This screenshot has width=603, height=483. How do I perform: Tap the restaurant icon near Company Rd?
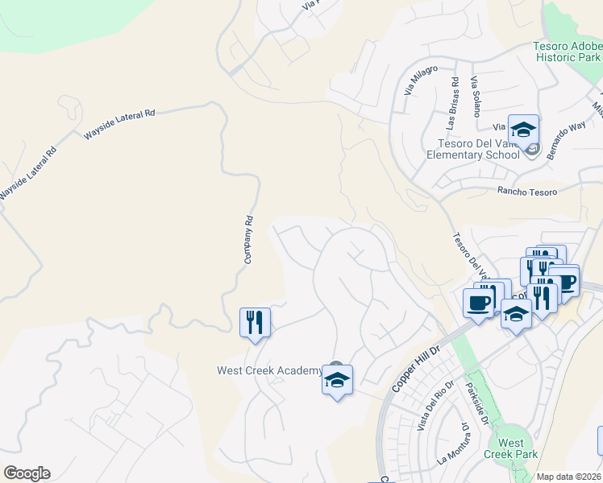click(x=255, y=323)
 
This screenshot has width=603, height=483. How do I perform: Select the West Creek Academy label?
click(x=269, y=370)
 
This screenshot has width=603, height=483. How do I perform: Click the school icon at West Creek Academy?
click(x=337, y=380)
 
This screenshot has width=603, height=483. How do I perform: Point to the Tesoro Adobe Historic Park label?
click(x=568, y=52)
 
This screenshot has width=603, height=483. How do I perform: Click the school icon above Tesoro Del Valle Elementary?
click(x=522, y=129)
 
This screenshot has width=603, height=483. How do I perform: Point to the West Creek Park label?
click(x=510, y=448)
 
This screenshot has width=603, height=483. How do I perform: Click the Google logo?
click(x=27, y=473)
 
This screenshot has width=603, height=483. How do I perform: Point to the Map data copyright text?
click(x=569, y=477)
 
